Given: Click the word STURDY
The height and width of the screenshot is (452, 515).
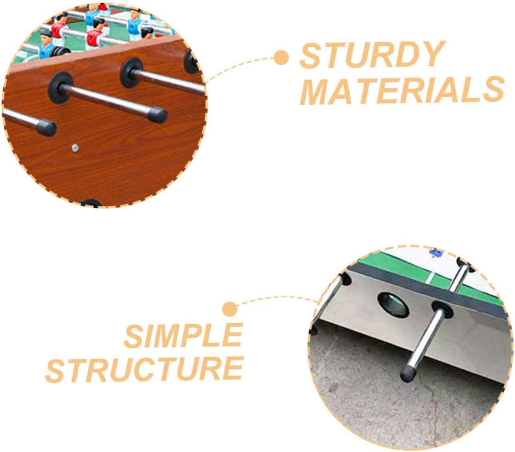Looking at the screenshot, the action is pyautogui.click(x=372, y=55).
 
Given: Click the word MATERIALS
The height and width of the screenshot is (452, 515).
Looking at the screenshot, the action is pyautogui.click(x=402, y=90).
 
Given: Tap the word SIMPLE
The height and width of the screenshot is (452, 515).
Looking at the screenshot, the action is pyautogui.click(x=183, y=335).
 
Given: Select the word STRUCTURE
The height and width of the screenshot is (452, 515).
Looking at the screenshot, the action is pyautogui.click(x=144, y=369).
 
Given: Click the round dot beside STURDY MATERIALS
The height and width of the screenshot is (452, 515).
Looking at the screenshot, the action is pyautogui.click(x=281, y=58).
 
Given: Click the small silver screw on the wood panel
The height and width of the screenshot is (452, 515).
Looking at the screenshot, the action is pyautogui.click(x=75, y=148).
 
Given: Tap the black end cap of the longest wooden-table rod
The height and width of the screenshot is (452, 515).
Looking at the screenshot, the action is pyautogui.click(x=157, y=115).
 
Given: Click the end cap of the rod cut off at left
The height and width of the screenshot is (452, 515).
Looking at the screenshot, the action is pyautogui.click(x=46, y=127).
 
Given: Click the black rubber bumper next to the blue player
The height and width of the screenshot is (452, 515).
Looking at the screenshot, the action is pyautogui.click(x=61, y=52).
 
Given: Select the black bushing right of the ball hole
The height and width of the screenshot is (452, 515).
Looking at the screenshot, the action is pyautogui.click(x=442, y=310).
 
